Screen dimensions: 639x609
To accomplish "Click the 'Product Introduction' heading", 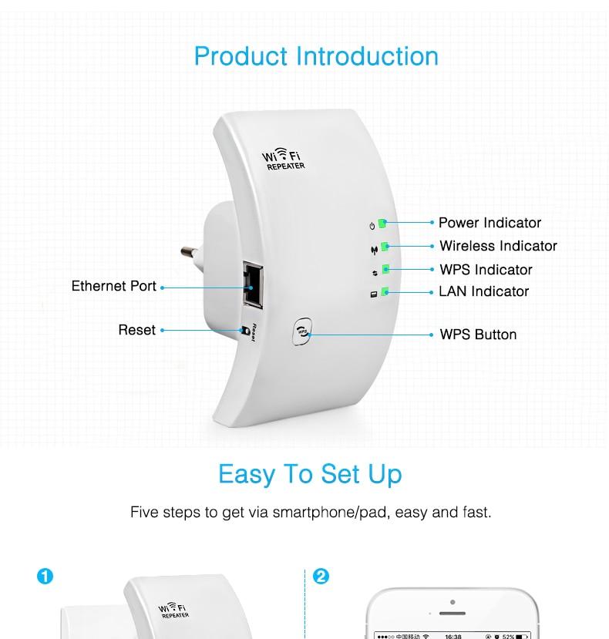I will point(316,56).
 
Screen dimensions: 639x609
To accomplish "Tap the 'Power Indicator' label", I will point(490,223).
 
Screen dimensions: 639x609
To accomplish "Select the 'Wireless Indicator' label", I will point(498,246).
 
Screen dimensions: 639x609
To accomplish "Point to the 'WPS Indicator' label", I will point(486,270).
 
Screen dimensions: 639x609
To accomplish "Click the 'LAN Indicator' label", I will point(483,291).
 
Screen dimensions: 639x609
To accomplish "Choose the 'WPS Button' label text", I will point(478,335).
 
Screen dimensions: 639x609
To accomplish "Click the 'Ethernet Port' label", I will point(114,286).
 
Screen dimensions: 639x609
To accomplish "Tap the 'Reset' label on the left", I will point(136,330).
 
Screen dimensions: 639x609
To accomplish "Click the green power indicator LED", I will point(382,224).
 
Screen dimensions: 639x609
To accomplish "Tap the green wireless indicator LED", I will point(385,247).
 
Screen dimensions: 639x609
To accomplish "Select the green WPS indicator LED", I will point(385,270).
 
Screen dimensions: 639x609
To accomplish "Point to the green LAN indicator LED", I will point(385,291).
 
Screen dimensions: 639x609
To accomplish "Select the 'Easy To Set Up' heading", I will point(310,473).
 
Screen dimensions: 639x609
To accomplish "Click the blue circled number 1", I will point(45,577).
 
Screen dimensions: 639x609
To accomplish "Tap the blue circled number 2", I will point(321,577).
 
